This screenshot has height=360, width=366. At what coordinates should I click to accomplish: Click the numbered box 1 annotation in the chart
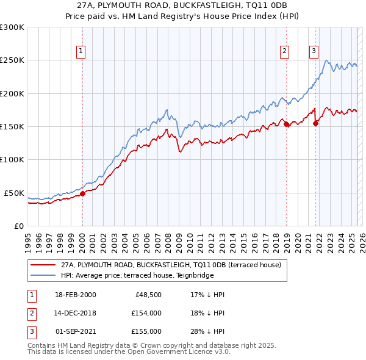point(81,51)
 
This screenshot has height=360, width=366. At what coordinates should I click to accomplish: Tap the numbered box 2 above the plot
point(285,51)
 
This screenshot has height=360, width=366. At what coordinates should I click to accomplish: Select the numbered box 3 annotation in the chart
point(314,51)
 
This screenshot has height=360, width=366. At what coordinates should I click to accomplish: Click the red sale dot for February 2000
point(82,194)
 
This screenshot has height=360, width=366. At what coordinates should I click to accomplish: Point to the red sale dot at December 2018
point(286,124)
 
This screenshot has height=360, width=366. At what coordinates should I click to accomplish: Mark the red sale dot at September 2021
point(315,123)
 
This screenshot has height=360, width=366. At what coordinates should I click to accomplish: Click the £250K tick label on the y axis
point(12,60)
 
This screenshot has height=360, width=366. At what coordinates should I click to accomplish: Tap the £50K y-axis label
point(15,193)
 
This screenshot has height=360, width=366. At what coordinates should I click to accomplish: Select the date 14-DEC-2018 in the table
point(75,313)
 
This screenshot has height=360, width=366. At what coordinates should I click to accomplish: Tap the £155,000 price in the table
point(146,331)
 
